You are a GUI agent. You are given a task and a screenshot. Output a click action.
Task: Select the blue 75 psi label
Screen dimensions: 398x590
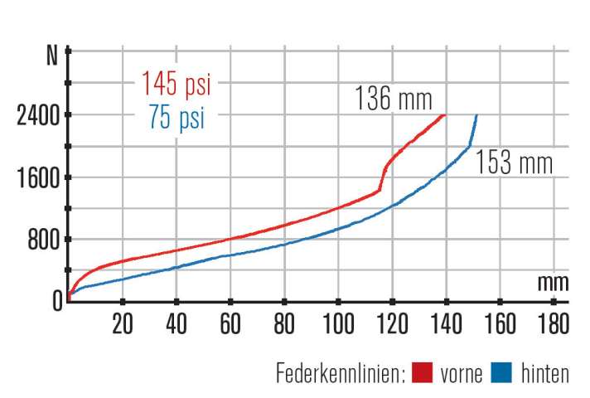177,118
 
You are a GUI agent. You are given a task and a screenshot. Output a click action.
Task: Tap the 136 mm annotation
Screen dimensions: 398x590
394,99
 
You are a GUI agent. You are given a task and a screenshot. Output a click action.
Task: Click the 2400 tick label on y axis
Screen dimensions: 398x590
38,115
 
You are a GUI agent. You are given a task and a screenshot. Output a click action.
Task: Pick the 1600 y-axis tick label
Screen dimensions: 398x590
38,177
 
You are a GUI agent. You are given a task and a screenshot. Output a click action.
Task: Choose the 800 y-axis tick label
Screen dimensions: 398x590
43,240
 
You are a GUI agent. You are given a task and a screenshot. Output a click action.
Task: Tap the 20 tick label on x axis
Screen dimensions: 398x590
123,321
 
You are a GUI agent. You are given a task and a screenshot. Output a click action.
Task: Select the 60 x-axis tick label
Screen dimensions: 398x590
230,321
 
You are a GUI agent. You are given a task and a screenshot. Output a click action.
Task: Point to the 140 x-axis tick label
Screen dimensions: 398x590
446,321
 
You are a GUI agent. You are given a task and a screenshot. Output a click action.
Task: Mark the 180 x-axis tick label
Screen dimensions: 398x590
554,321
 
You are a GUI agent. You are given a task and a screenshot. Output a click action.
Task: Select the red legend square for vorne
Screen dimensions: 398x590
423,374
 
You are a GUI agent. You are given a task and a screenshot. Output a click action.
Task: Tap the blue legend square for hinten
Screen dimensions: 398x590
502,374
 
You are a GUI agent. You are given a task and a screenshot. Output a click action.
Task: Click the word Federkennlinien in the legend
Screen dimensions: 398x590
340,374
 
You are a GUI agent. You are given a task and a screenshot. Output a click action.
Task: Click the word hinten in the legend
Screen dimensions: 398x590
544,374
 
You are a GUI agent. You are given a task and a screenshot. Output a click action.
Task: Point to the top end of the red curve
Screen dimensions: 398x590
446,115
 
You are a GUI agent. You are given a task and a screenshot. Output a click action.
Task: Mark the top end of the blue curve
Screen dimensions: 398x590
476,115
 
